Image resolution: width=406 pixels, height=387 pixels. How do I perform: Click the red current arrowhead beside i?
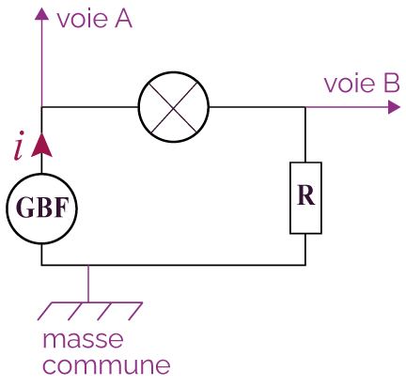click(41, 145)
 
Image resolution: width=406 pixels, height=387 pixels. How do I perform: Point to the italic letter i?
click(19, 146)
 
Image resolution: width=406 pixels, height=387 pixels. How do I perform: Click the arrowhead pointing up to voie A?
click(41, 14)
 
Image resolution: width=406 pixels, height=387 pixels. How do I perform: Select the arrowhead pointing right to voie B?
click(394, 107)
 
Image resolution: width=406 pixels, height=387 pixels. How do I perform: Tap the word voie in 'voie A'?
click(83, 20)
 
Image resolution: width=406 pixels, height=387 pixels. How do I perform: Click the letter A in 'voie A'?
click(123, 19)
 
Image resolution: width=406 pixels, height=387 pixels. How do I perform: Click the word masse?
click(83, 340)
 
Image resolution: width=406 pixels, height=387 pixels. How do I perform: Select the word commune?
click(106, 365)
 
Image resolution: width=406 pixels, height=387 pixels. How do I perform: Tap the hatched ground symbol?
click(90, 311)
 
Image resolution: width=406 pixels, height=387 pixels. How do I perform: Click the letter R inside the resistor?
click(305, 195)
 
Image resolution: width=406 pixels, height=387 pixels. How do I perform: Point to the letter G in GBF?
click(24, 208)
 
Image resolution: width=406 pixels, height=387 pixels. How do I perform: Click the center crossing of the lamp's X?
click(174, 107)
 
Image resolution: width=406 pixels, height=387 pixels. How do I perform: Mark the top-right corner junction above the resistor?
click(305, 107)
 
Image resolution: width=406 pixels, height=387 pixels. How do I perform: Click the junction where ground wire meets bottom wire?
click(88, 265)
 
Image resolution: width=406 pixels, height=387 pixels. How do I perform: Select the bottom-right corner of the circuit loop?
click(305, 265)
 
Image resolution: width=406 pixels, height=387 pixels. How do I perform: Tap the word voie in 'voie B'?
click(350, 84)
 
